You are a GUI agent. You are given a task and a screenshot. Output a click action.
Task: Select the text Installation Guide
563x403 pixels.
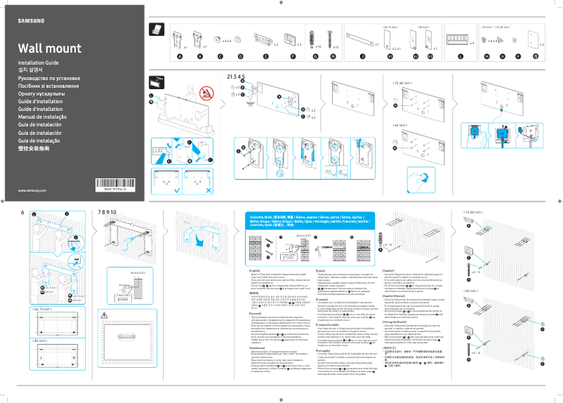[38, 63]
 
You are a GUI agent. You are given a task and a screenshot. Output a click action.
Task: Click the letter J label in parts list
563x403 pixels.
[362, 55]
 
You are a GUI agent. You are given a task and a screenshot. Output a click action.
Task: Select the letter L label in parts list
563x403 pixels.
[461, 55]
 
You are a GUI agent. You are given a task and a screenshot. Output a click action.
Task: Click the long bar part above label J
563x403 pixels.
[362, 37]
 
